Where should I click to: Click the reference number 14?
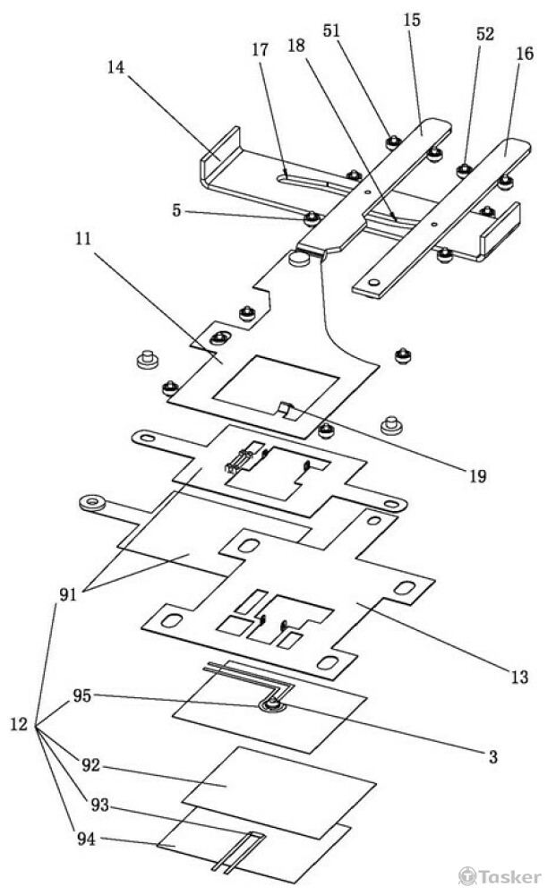tap(115, 67)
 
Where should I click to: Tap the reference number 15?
tap(411, 20)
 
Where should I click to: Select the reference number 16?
tap(524, 54)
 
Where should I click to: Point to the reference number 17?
tap(260, 49)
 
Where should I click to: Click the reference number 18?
tap(296, 45)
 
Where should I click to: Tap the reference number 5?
tap(176, 210)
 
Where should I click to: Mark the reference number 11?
tap(83, 239)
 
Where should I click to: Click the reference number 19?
tap(477, 475)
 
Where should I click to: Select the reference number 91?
tap(68, 595)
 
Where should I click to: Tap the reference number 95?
tap(82, 696)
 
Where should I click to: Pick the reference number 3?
tap(493, 757)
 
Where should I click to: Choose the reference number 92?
tap(90, 765)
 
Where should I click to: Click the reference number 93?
tap(99, 805)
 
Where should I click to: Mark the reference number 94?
tap(86, 840)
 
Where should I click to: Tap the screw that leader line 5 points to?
tap(311, 217)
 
